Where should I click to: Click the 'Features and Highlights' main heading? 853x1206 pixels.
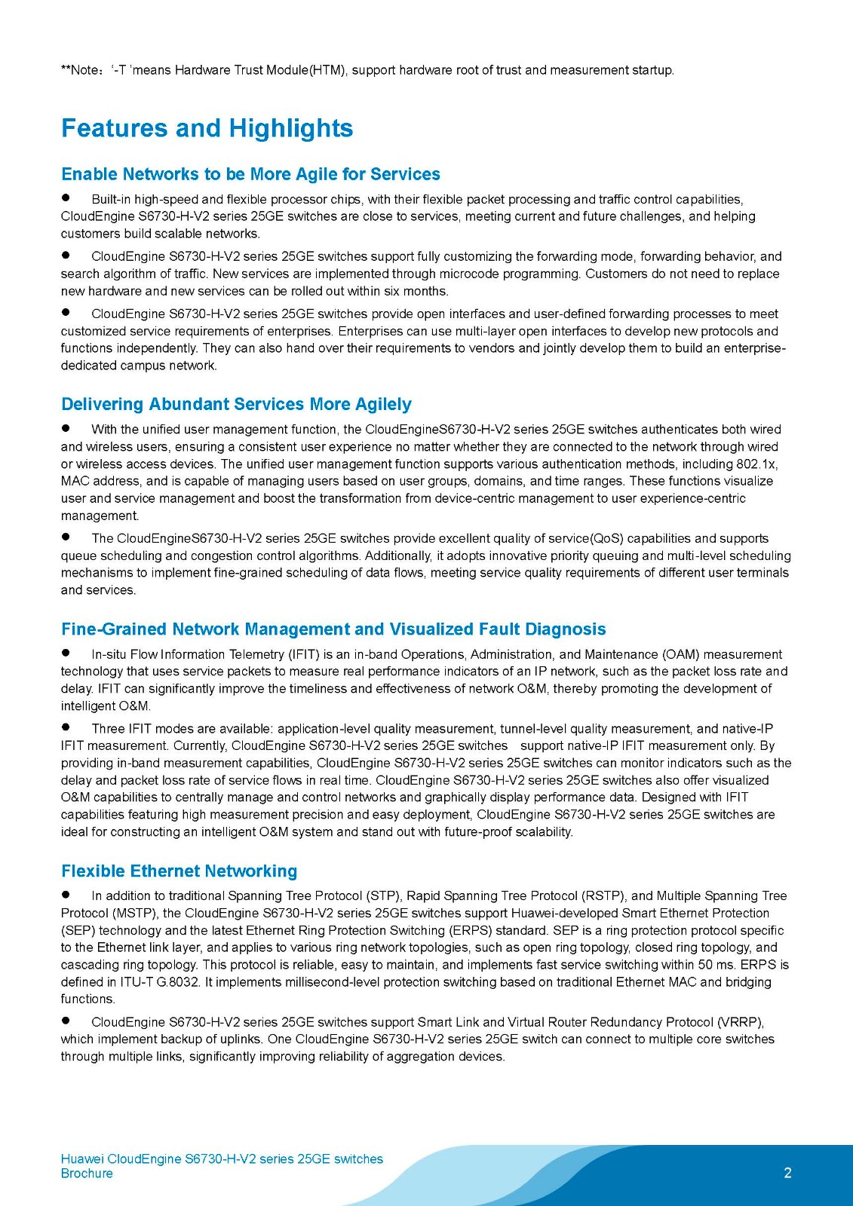pyautogui.click(x=207, y=128)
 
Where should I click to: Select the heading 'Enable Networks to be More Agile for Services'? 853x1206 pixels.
pyautogui.click(x=250, y=174)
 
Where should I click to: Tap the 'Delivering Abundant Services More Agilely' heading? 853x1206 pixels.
pyautogui.click(x=236, y=404)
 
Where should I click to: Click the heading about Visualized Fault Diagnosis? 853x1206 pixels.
pyautogui.click(x=333, y=629)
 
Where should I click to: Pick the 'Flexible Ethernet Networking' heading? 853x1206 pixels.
pyautogui.click(x=179, y=871)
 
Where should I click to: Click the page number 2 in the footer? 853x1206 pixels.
pyautogui.click(x=788, y=1173)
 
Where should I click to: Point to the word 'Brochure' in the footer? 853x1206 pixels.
pyautogui.click(x=87, y=1174)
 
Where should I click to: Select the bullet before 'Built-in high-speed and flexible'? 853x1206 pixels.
pyautogui.click(x=66, y=198)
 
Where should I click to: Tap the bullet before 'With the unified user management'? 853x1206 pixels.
pyautogui.click(x=66, y=428)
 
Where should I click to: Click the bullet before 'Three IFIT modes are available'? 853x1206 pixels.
pyautogui.click(x=66, y=727)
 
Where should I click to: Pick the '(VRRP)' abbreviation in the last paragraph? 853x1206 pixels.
pyautogui.click(x=740, y=1022)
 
